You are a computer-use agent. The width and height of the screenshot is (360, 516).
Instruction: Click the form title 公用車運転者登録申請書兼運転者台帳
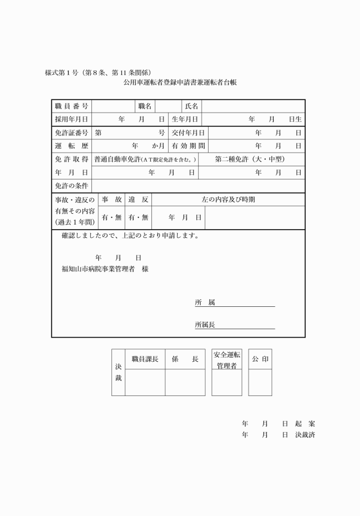(x=179, y=82)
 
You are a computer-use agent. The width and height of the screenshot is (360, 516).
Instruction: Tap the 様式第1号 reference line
(x=98, y=73)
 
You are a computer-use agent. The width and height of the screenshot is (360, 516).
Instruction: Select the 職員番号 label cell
(x=71, y=106)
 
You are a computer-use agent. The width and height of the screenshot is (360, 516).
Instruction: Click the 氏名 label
(x=191, y=106)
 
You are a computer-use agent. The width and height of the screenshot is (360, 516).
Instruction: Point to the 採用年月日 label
(x=71, y=119)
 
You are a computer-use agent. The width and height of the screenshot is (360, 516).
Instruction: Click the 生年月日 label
(x=185, y=119)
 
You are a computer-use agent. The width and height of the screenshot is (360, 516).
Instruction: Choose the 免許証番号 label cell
(x=71, y=133)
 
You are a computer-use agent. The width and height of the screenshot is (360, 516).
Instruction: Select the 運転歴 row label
(x=71, y=146)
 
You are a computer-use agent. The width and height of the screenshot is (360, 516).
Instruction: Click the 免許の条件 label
(x=71, y=186)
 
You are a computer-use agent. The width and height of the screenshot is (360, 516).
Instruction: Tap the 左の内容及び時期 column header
(x=229, y=199)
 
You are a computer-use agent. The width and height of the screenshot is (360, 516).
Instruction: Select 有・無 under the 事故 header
(x=111, y=217)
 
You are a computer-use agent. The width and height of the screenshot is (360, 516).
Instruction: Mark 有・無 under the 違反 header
(x=138, y=217)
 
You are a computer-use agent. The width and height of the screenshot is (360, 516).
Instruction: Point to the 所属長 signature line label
(x=205, y=325)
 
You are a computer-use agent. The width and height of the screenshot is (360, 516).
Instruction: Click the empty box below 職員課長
(x=145, y=382)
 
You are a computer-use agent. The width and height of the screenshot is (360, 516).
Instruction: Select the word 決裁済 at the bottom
(x=305, y=435)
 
